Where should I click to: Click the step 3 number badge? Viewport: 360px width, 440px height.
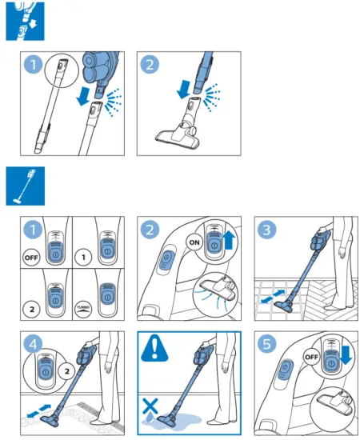click(x=267, y=229)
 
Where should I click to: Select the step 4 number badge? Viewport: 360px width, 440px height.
click(x=32, y=345)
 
